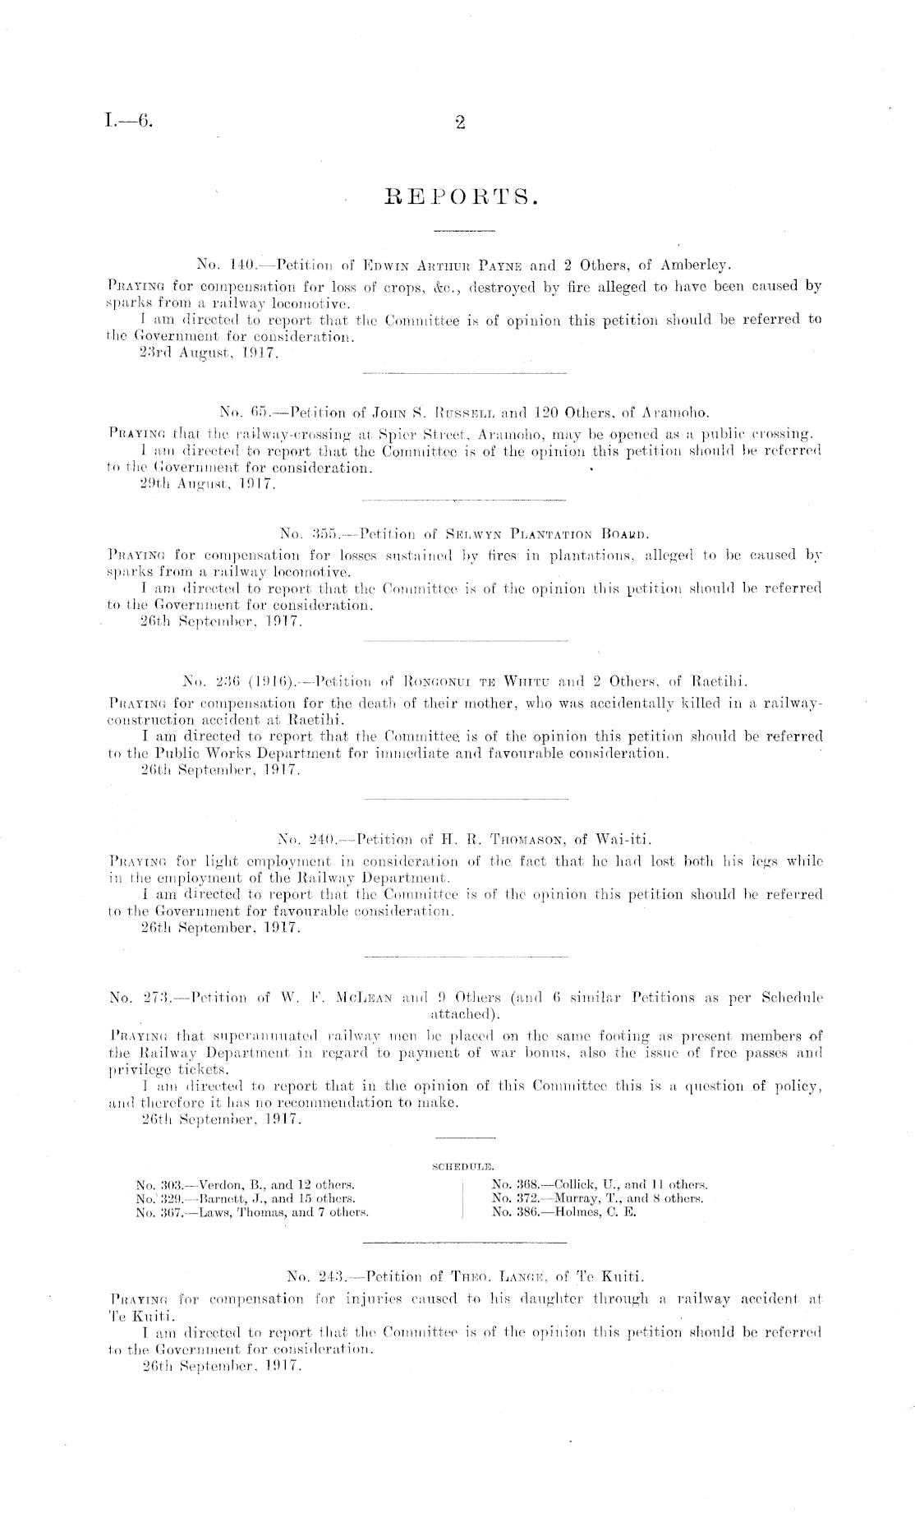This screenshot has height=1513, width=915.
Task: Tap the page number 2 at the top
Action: [460, 123]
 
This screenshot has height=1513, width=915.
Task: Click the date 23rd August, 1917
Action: [209, 353]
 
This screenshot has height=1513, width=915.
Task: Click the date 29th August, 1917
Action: [209, 485]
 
